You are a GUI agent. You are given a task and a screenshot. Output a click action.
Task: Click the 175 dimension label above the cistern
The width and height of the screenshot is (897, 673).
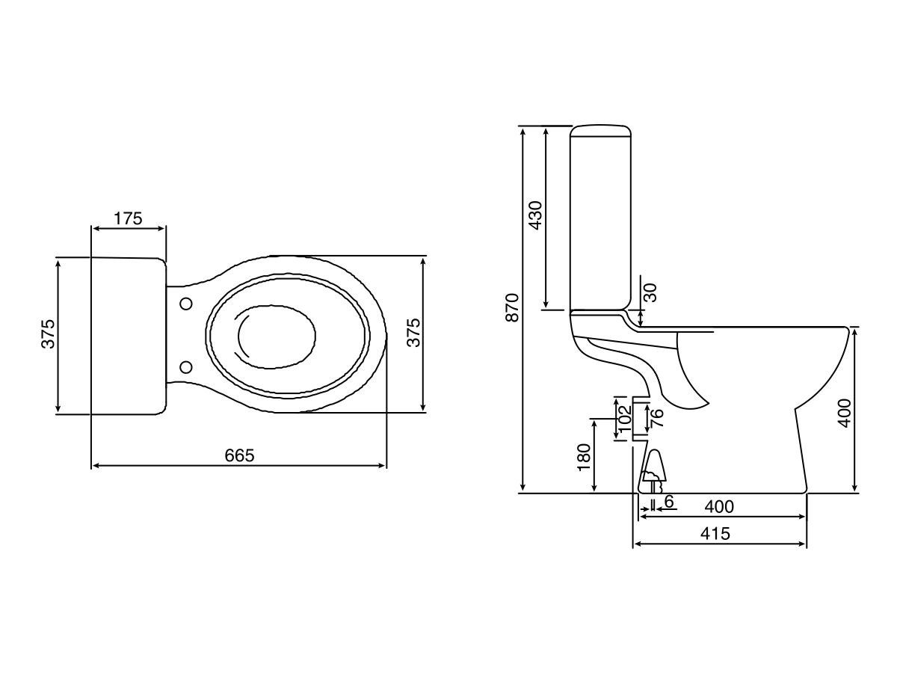coord(128,219)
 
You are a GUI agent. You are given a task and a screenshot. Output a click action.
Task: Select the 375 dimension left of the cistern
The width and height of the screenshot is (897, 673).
coord(48,334)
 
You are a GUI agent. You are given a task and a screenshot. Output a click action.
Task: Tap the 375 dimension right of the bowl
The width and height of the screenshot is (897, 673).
coord(413,334)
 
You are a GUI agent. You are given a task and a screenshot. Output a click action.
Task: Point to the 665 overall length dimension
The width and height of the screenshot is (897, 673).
coord(240,455)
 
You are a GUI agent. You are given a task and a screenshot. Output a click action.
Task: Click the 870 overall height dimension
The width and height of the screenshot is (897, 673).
coord(512,307)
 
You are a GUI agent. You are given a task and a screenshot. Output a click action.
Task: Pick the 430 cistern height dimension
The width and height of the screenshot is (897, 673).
coord(536,215)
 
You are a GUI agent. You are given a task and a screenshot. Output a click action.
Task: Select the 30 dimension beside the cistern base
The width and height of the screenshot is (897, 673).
coord(651,292)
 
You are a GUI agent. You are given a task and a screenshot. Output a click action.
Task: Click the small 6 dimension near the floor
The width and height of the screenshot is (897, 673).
coord(669,502)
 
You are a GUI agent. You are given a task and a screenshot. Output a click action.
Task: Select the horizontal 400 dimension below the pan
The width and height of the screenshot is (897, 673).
coord(719,507)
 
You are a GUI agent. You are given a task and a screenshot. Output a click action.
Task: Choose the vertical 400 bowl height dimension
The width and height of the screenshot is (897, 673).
coord(845,412)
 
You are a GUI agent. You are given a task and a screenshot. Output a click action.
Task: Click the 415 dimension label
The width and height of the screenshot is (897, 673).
coord(715,534)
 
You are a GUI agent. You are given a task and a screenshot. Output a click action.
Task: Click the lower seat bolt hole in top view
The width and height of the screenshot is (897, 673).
coord(185,366)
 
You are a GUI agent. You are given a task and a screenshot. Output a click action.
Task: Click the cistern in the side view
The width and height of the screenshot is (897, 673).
coord(599,217)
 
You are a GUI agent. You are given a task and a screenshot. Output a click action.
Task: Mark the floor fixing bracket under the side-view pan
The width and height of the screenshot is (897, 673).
coord(653,470)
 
